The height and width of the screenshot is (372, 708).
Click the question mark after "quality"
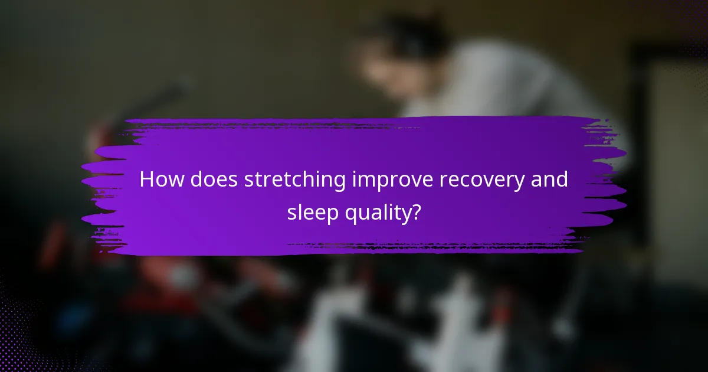point(415,212)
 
